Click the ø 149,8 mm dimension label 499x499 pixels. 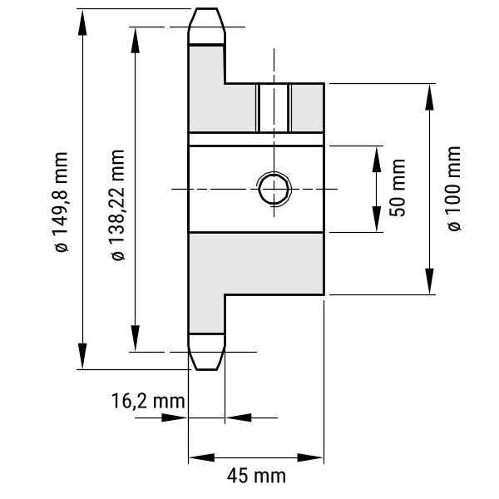[x=61, y=202]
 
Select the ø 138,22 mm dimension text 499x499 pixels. [x=118, y=205]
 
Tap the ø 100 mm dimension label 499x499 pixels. [x=454, y=189]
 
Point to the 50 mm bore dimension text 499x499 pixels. [x=398, y=188]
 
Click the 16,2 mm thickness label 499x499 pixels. [x=148, y=401]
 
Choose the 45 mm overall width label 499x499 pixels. [x=256, y=476]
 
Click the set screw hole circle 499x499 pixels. [x=274, y=189]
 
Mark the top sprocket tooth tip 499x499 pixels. [x=206, y=8]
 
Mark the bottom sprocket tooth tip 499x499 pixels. [x=206, y=369]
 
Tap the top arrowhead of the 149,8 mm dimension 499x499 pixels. [x=82, y=22]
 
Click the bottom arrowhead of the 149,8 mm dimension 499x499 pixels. [x=82, y=356]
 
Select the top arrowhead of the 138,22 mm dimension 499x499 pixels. [x=136, y=40]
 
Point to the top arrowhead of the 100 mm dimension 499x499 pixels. [x=430, y=97]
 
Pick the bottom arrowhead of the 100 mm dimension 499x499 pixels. [x=430, y=281]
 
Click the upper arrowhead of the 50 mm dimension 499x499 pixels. [x=377, y=160]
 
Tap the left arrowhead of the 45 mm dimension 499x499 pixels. [x=202, y=457]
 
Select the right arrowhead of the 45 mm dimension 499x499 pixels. [x=310, y=457]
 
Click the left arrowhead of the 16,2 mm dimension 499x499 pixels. [x=175, y=417]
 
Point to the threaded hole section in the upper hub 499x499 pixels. [x=274, y=108]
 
